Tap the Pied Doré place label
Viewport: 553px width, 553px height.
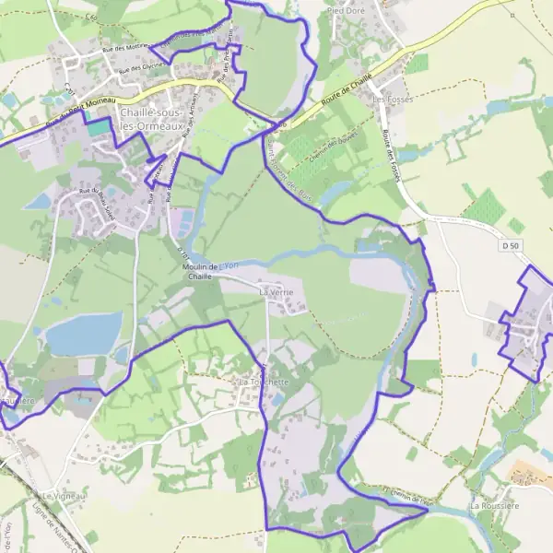point(346,11)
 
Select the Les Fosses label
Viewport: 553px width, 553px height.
point(390,98)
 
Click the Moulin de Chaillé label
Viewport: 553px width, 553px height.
point(199,270)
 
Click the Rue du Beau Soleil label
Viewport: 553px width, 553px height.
point(100,195)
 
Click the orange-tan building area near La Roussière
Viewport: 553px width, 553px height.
point(530,474)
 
